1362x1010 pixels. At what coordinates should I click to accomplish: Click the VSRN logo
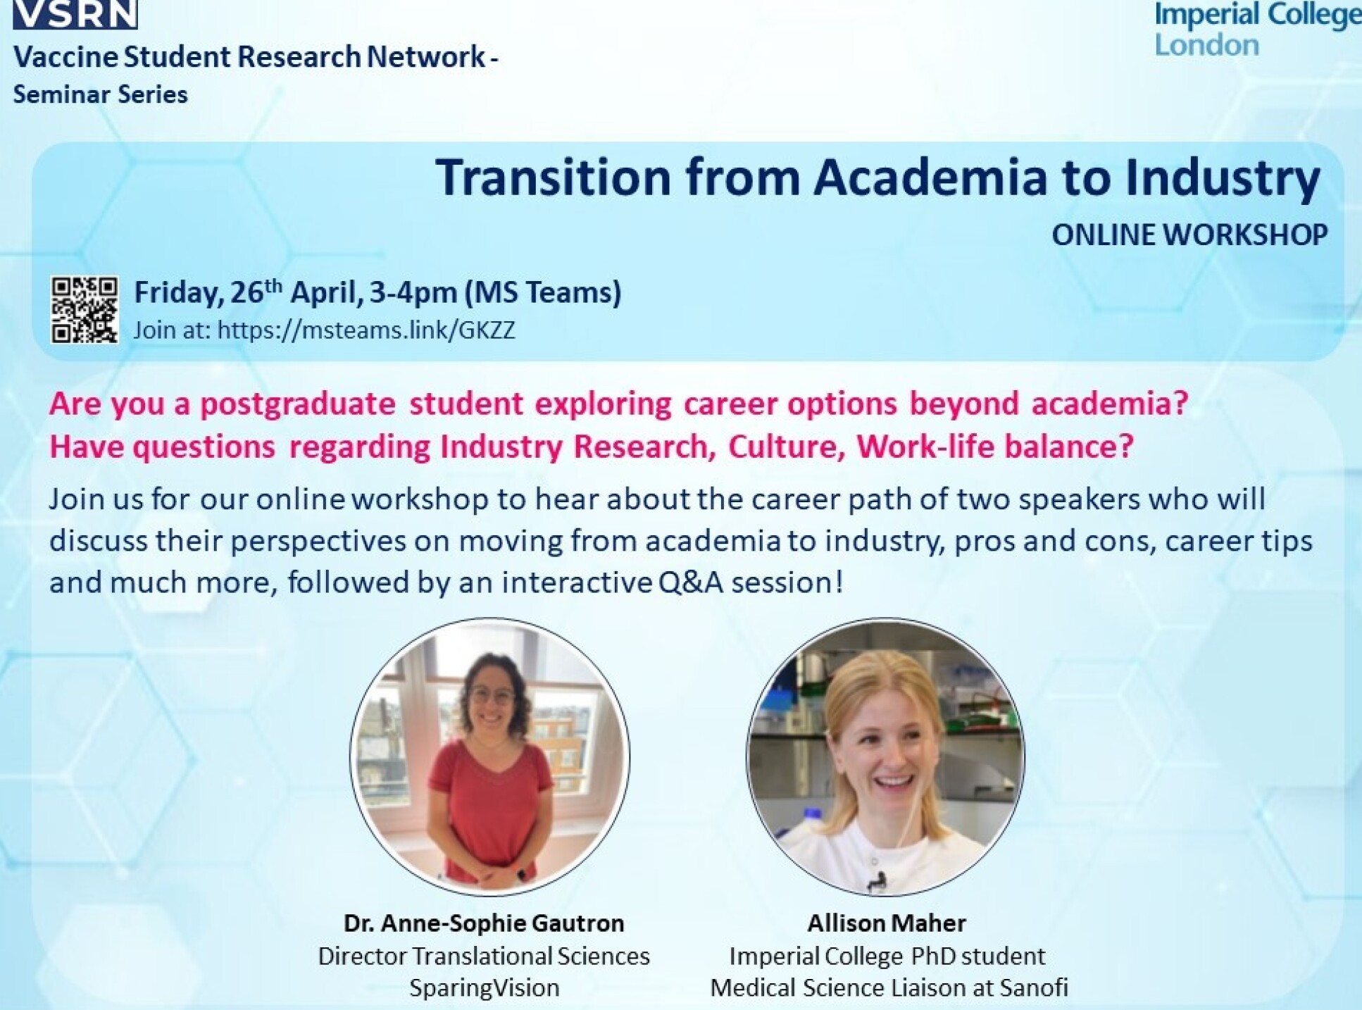click(x=75, y=14)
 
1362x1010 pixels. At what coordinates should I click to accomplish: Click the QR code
click(x=85, y=310)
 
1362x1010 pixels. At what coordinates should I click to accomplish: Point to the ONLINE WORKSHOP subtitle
click(x=1189, y=235)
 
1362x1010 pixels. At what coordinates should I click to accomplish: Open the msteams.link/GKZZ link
click(x=366, y=330)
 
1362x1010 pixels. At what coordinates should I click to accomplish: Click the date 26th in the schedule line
click(x=256, y=292)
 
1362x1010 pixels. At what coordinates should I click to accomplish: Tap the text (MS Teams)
click(x=542, y=292)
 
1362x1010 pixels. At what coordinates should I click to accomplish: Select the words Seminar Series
click(x=101, y=94)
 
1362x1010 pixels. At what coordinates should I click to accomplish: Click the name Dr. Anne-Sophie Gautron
click(x=484, y=923)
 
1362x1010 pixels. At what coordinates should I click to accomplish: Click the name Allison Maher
click(x=886, y=923)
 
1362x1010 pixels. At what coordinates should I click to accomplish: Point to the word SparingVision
click(x=484, y=987)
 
